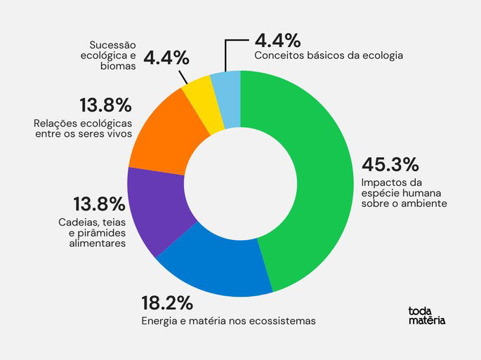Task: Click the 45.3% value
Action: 390,165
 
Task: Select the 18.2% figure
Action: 167,304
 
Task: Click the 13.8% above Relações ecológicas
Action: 105,106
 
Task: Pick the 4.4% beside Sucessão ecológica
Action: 165,56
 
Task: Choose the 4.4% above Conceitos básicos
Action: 278,39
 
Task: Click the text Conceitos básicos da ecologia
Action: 328,55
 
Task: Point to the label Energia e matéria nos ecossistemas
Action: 229,321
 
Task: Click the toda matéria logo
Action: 426,316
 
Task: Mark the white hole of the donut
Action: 239,182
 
